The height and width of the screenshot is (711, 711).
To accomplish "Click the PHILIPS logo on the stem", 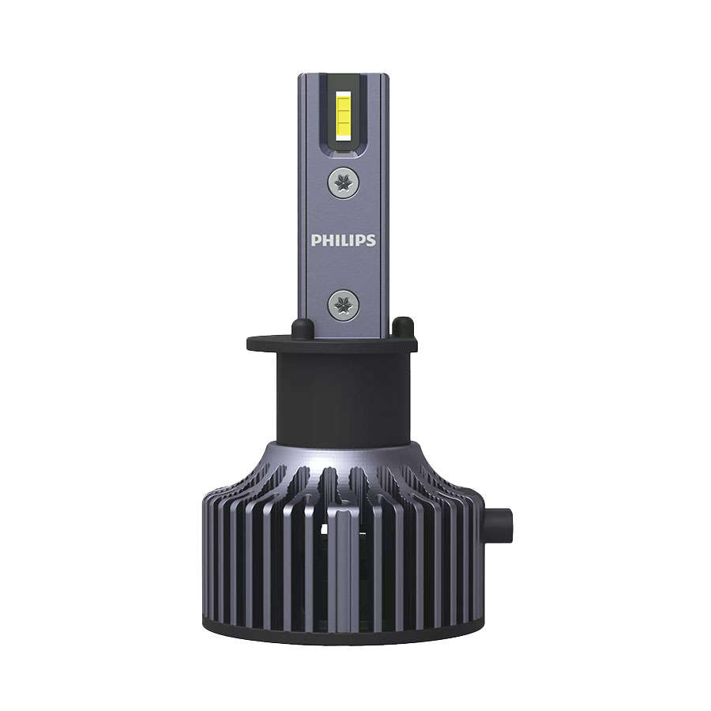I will pos(343,240).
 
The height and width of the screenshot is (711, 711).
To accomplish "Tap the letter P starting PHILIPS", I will pos(315,240).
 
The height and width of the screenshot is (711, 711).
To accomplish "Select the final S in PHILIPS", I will pos(371,240).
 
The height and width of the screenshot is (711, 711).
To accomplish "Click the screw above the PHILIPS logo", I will pos(343,183).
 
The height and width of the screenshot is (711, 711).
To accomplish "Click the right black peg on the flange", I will pos(402,325).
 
